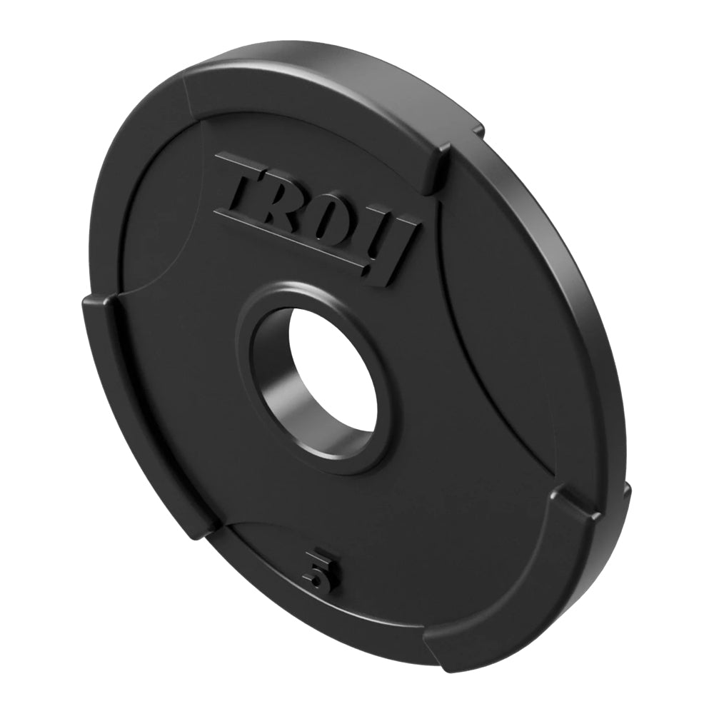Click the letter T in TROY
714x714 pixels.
coord(246,187)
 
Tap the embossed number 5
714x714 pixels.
coord(319,568)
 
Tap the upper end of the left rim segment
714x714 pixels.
coord(100,307)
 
